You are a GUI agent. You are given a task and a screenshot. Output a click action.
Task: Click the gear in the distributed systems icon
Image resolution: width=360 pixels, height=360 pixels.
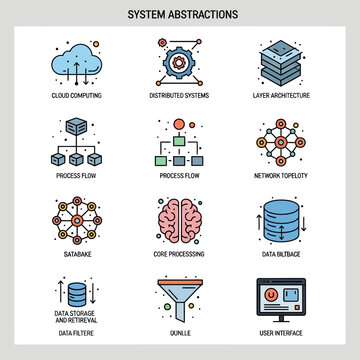[181, 60]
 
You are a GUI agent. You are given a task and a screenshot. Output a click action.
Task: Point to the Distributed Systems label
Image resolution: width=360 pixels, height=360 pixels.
[181, 96]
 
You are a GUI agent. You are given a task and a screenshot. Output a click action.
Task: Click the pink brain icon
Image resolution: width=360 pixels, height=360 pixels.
[181, 221]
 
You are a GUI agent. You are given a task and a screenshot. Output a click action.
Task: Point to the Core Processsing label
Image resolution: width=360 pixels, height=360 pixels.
[181, 255]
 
